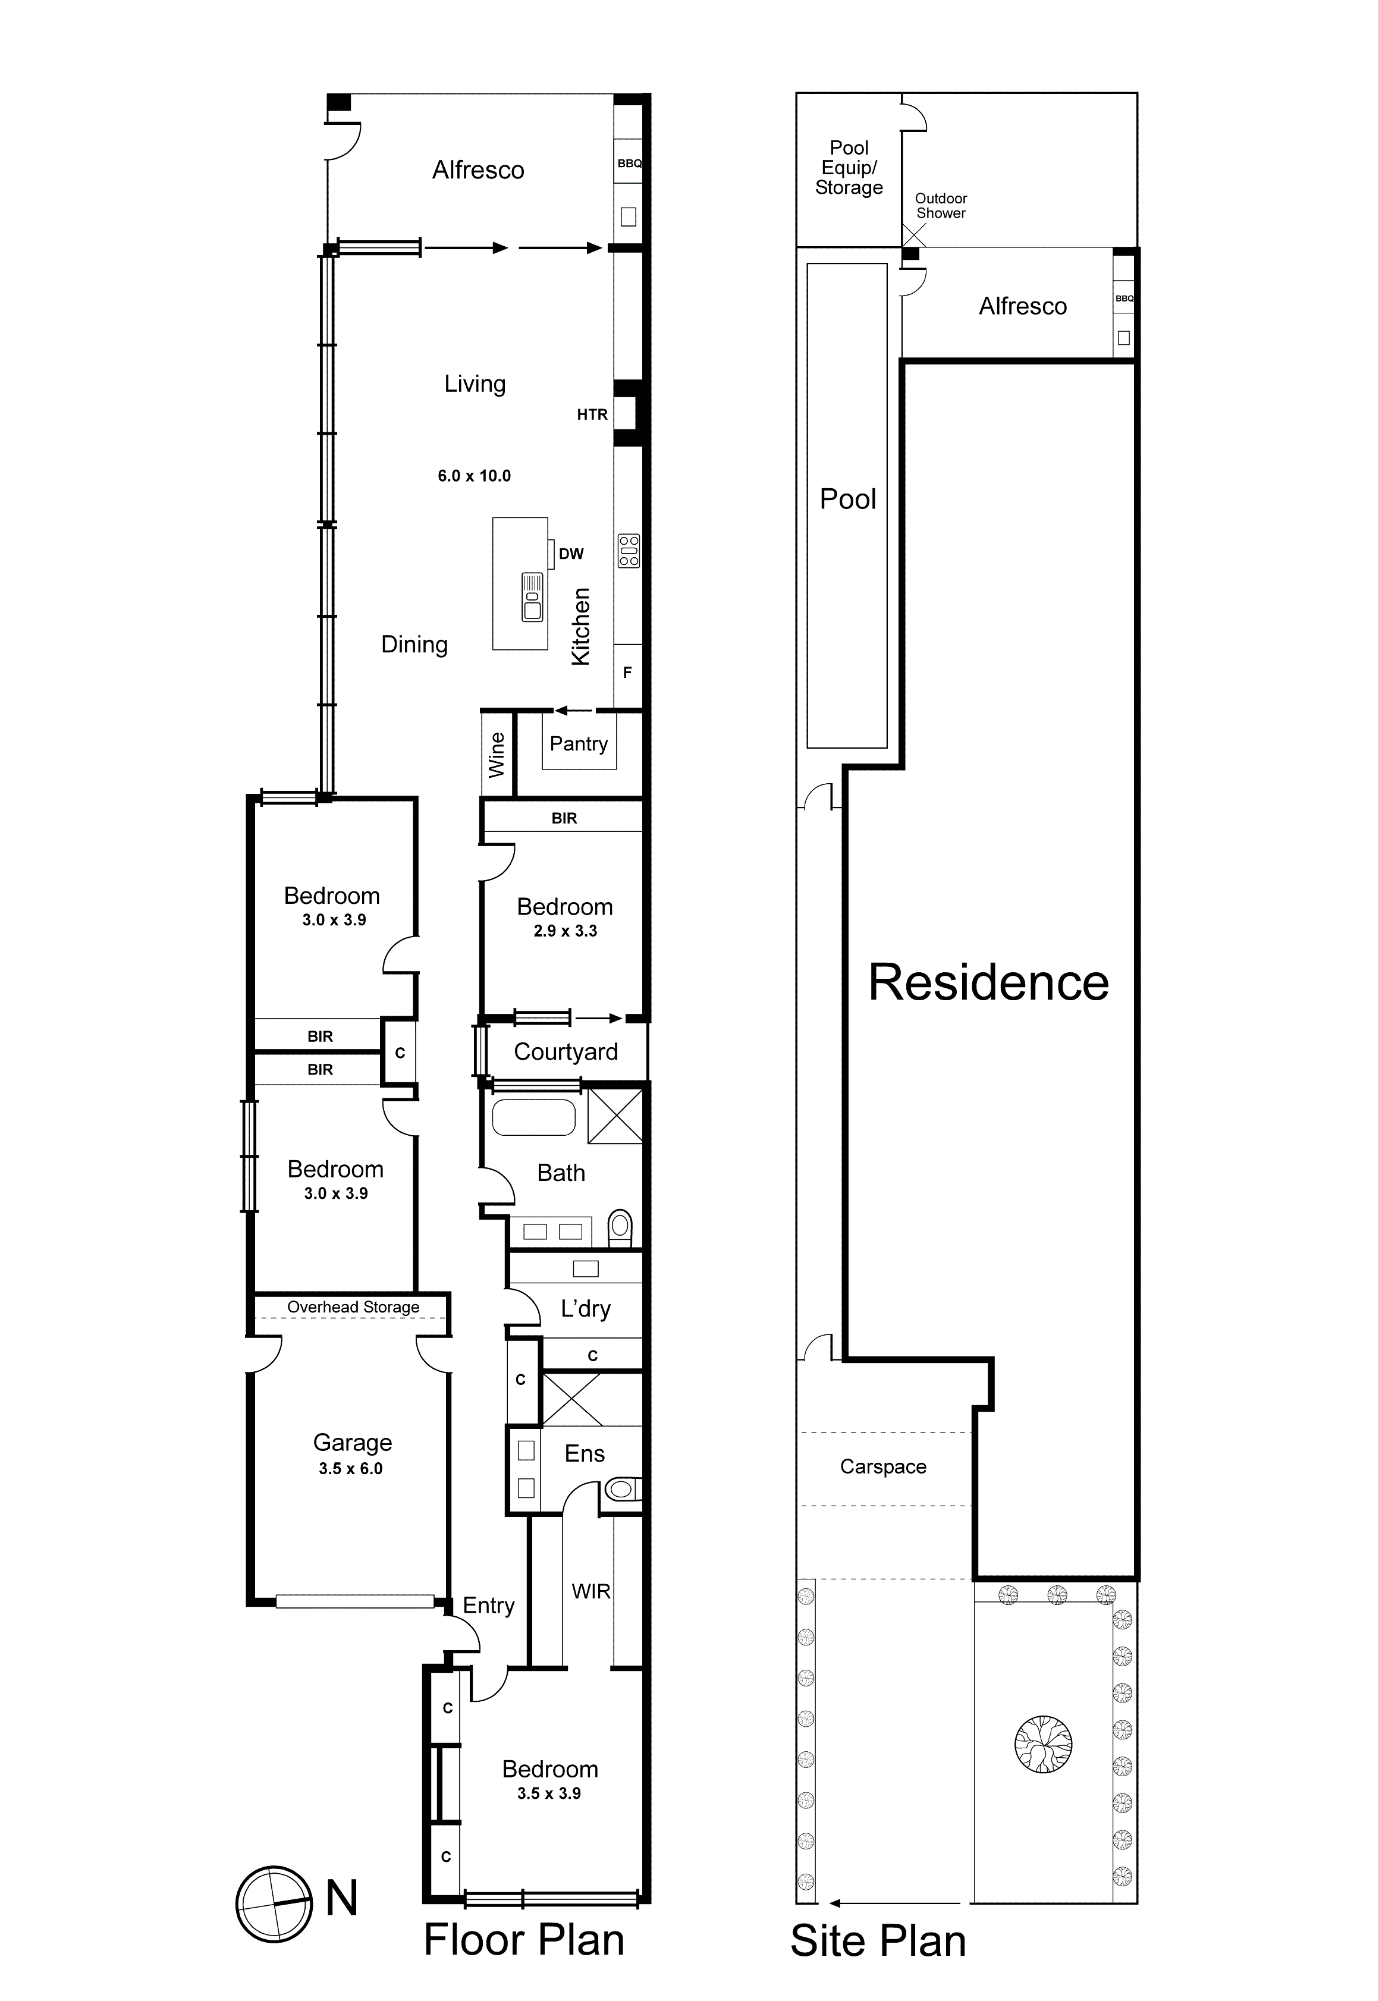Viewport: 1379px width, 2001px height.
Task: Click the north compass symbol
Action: [x=274, y=1903]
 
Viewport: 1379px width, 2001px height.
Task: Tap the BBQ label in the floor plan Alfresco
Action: [x=629, y=164]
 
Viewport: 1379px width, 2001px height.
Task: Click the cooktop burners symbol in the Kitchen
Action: [x=629, y=551]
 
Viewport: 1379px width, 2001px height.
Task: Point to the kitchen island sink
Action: [x=532, y=597]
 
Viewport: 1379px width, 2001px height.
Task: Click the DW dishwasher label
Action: [x=571, y=554]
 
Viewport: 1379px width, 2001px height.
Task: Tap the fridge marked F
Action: [x=628, y=671]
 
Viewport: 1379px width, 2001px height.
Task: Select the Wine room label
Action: [x=497, y=754]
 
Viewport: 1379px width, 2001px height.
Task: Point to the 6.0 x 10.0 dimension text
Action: [x=475, y=476]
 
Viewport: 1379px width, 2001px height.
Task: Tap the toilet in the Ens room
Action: [x=622, y=1488]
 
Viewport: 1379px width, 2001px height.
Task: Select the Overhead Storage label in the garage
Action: [x=353, y=1307]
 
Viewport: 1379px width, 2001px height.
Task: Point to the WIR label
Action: [x=591, y=1591]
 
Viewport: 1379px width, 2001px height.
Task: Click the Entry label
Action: [x=488, y=1606]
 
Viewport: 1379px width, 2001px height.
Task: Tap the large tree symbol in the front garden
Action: [x=1043, y=1744]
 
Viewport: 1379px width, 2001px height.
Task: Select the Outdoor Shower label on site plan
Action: [x=941, y=206]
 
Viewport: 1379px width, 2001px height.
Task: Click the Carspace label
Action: [x=883, y=1467]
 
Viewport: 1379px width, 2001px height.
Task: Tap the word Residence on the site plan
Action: [x=988, y=982]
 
